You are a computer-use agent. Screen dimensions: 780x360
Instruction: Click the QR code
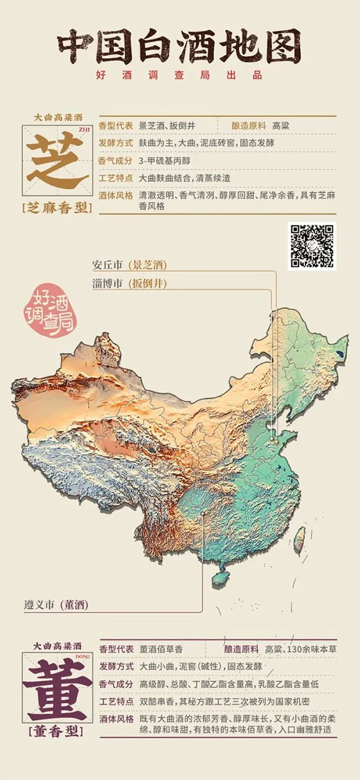pos(312,246)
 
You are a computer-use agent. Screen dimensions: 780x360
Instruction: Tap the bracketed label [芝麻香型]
pos(57,208)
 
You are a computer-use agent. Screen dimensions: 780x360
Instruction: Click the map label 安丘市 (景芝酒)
pos(130,265)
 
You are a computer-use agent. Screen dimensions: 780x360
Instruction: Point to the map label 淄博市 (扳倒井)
pos(130,284)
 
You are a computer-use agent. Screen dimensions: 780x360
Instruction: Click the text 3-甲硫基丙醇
pos(164,160)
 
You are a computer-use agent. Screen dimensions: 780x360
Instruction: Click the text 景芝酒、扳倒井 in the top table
pos(167,125)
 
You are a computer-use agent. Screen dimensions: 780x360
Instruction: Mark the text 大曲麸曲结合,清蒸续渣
pos(184,178)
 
